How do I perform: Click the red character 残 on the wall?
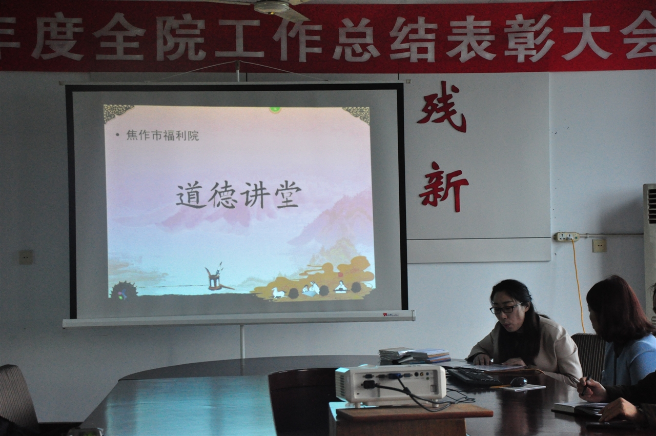tap(442, 107)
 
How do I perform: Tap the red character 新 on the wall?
tap(443, 187)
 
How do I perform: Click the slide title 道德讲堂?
tap(239, 194)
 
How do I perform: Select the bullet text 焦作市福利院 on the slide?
tap(162, 135)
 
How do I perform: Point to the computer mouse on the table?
tap(518, 382)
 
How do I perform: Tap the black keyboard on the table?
tap(472, 376)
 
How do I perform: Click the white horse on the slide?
tap(278, 292)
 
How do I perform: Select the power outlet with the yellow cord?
tap(567, 236)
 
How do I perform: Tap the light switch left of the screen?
tap(26, 257)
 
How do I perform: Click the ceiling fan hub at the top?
tap(272, 7)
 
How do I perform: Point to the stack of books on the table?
tap(415, 355)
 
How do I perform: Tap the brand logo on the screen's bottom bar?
tap(391, 315)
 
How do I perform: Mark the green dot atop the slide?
tap(275, 109)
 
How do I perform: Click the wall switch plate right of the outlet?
tap(599, 246)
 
